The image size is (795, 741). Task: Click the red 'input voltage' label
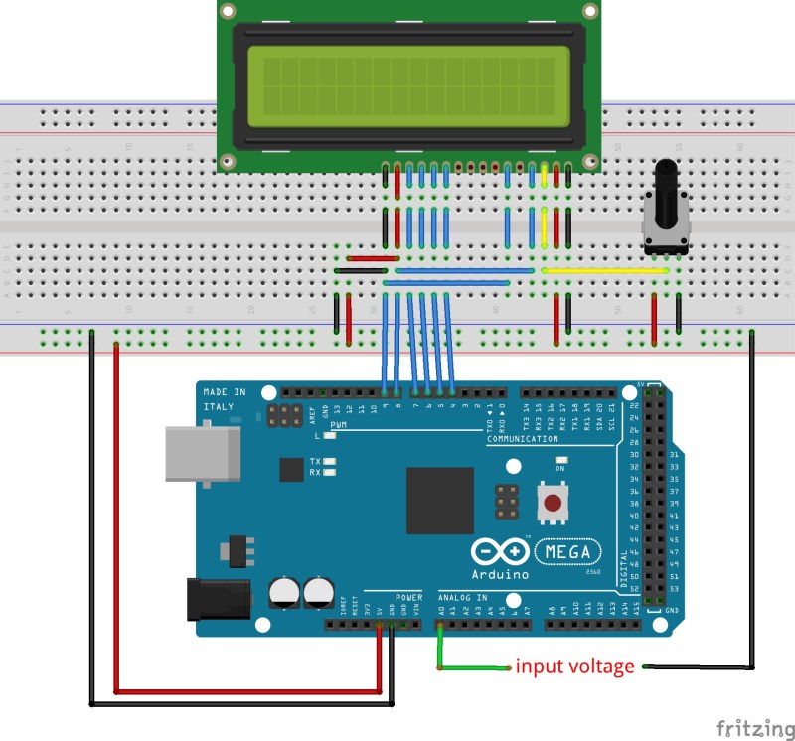574,667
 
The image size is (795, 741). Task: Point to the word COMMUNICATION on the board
522,438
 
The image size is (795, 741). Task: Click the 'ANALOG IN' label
463,597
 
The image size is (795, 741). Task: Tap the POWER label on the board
407,597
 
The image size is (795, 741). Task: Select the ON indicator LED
560,460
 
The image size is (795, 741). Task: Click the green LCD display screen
407,85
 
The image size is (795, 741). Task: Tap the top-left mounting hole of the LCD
229,11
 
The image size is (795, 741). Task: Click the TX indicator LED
329,462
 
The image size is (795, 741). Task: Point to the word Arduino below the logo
502,574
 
